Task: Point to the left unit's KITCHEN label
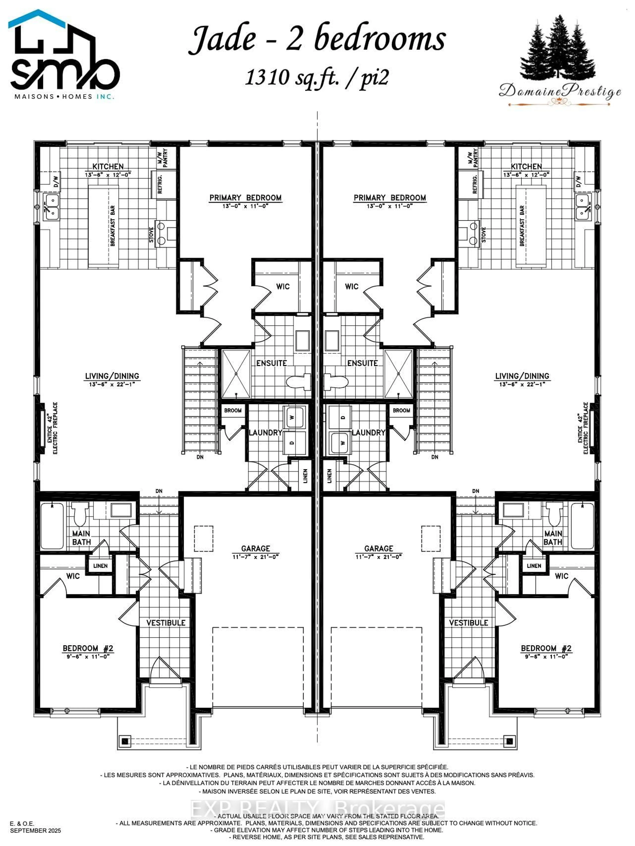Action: click(x=108, y=166)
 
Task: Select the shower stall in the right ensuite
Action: click(x=399, y=374)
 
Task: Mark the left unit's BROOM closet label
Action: click(x=233, y=410)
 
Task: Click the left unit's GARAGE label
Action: click(x=256, y=548)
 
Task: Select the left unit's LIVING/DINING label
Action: click(x=112, y=376)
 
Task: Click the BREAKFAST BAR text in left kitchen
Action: click(x=113, y=226)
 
